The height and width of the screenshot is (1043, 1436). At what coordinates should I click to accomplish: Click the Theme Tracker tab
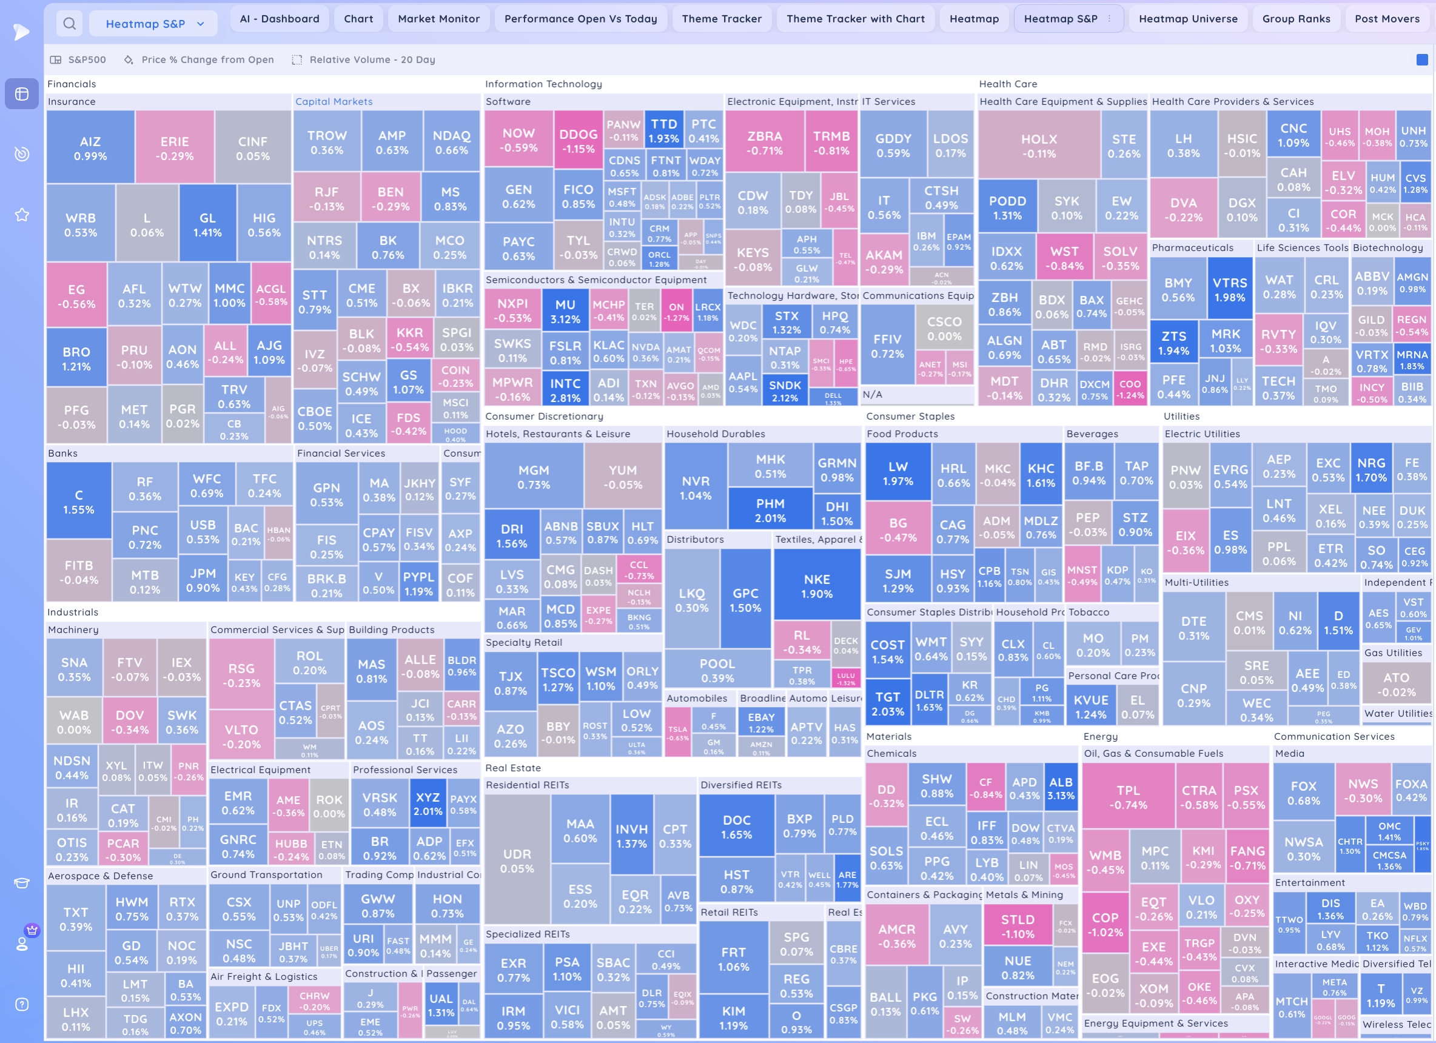(721, 19)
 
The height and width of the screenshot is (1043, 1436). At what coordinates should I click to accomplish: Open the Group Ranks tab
(1295, 19)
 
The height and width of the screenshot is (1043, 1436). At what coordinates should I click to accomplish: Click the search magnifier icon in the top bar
(70, 24)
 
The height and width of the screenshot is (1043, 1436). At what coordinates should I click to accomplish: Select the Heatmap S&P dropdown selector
(154, 24)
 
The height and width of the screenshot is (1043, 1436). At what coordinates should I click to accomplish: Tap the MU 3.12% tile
(565, 312)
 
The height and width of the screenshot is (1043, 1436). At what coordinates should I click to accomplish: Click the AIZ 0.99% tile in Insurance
(90, 148)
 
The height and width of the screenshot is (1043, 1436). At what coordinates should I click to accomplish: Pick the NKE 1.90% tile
(816, 586)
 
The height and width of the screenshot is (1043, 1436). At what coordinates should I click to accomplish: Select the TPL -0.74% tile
(1128, 797)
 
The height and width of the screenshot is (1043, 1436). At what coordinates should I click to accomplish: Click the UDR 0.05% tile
(517, 860)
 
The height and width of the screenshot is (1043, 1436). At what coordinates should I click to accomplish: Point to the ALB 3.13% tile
(1061, 788)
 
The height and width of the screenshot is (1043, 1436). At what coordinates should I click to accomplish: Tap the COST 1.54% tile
(887, 651)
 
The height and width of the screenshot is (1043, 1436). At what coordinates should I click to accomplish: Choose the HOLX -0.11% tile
(1038, 146)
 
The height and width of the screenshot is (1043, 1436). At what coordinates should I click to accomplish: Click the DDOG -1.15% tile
(578, 141)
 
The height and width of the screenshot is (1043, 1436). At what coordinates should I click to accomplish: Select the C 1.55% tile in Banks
(78, 501)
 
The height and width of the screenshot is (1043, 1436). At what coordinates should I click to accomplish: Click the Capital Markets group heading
(334, 101)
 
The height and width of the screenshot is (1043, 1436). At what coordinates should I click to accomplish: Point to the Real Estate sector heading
(513, 768)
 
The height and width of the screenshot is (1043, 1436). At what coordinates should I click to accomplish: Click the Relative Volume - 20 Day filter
(372, 59)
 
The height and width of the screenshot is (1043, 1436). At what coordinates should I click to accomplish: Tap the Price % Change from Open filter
(207, 59)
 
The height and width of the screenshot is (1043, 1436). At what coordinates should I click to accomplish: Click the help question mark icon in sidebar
(21, 1004)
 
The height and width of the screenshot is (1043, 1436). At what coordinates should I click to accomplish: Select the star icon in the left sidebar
(21, 215)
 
